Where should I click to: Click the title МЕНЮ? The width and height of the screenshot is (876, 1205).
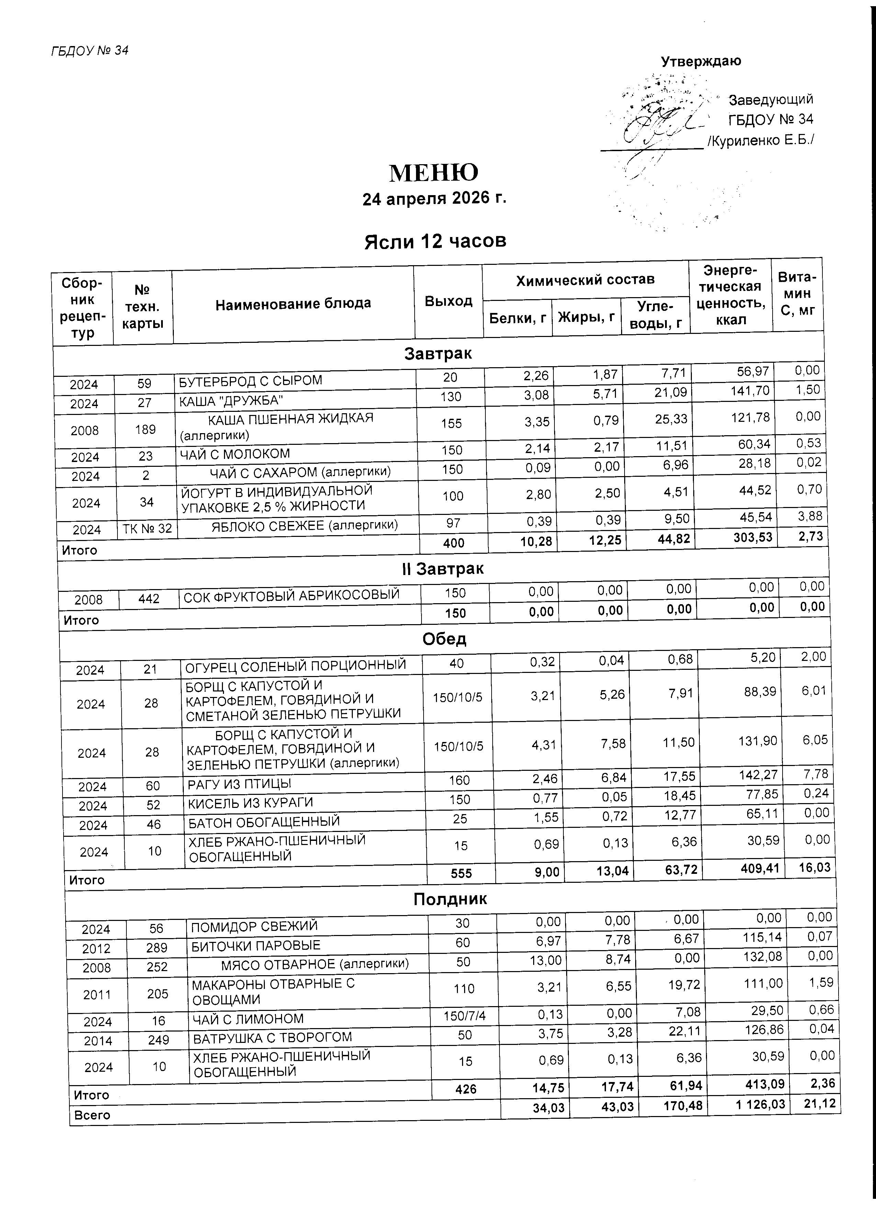tap(434, 173)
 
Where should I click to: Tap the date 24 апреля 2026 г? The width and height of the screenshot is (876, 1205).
tap(434, 198)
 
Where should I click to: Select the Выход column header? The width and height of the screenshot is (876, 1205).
tap(448, 301)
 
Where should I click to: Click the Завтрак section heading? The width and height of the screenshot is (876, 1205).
tap(438, 354)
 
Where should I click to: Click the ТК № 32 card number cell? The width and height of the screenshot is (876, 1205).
tap(147, 529)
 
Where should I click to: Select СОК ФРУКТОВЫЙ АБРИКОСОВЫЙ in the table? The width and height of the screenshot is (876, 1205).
tap(291, 596)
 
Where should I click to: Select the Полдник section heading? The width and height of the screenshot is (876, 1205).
tap(450, 899)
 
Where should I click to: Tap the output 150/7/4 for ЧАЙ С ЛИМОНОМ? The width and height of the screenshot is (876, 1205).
tap(465, 1016)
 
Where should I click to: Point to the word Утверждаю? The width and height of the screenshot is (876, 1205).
tap(701, 61)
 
